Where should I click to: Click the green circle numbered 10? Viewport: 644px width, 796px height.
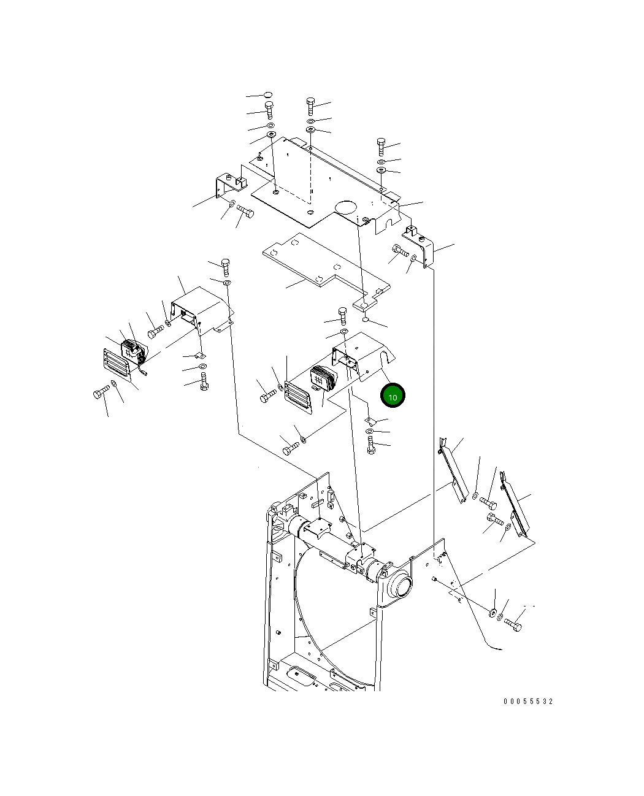(393, 396)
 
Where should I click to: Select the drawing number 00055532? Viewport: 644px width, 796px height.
(528, 702)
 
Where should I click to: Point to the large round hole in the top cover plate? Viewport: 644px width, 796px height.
(346, 207)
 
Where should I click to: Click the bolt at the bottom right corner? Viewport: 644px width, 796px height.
(513, 625)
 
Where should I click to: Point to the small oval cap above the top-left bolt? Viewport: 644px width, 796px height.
(268, 95)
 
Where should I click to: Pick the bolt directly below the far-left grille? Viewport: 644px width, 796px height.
(100, 393)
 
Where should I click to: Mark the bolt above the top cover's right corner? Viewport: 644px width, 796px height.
(381, 146)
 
